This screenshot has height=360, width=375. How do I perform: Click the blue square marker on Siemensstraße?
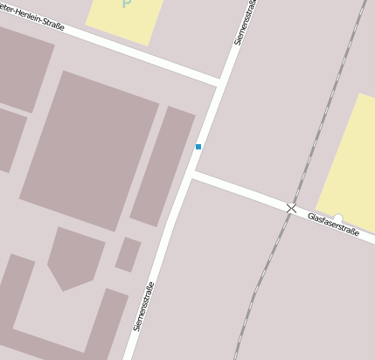[x=198, y=147]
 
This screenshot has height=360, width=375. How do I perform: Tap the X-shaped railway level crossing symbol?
[x=292, y=208]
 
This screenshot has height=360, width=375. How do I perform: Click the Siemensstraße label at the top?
[x=246, y=22]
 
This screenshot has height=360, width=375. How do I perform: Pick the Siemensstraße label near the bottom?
[x=145, y=306]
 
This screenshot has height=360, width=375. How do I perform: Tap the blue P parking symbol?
[x=127, y=4]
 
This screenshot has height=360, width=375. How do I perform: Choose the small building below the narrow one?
[x=128, y=254]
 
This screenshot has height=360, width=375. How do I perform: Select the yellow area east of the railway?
[x=350, y=162]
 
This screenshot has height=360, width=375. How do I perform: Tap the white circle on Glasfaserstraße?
[x=338, y=218]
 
